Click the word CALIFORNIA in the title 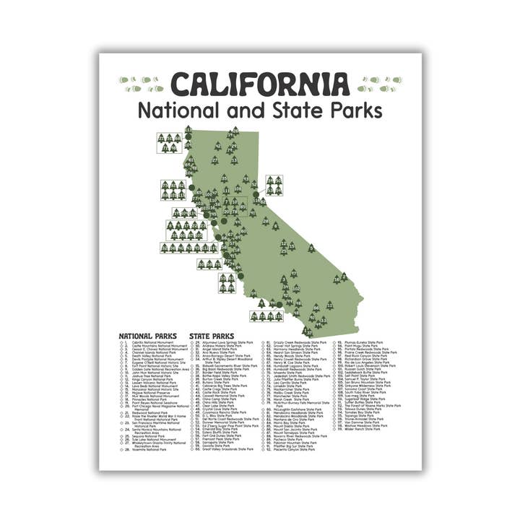tap(260, 85)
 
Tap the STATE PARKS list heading tap(212, 336)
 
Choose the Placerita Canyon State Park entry tap(294, 449)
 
